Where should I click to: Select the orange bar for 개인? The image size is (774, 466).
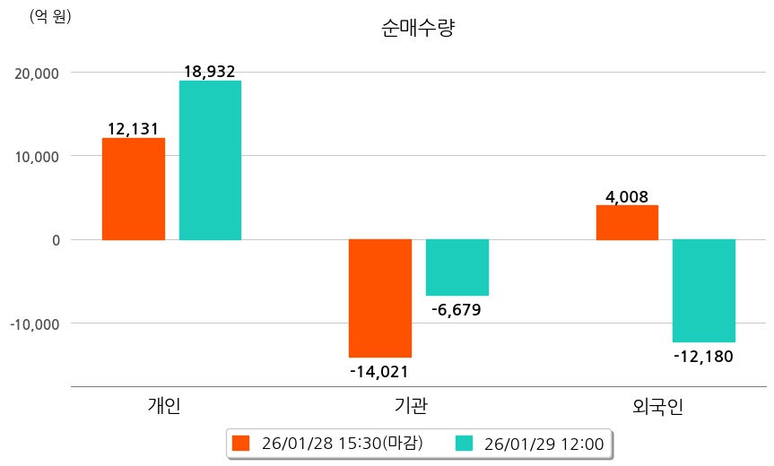click(x=133, y=189)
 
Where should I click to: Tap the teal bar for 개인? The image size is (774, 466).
click(x=210, y=160)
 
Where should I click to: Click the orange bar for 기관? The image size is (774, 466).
click(x=380, y=298)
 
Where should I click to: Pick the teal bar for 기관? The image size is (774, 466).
click(x=457, y=267)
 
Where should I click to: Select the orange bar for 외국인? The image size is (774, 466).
click(x=627, y=222)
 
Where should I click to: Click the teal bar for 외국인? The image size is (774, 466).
click(x=704, y=290)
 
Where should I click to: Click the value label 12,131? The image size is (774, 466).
click(x=133, y=129)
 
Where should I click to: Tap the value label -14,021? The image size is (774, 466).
click(x=379, y=370)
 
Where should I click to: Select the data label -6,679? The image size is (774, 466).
click(x=457, y=310)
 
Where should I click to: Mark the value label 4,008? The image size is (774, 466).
click(x=627, y=196)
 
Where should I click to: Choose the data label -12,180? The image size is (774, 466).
click(x=703, y=357)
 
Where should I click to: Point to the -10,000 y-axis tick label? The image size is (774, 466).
click(x=35, y=323)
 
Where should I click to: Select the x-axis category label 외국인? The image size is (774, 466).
click(x=658, y=406)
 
